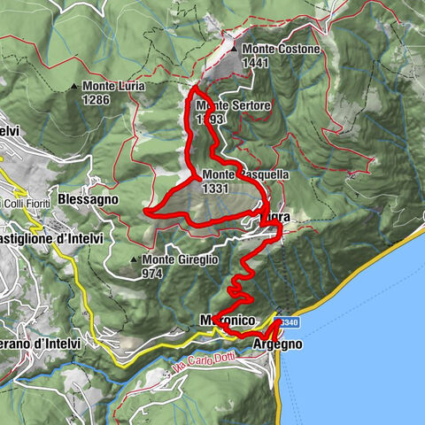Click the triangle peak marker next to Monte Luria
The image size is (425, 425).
click(74, 87)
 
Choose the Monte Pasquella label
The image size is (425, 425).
click(245, 175)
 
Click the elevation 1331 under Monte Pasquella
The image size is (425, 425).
click(217, 189)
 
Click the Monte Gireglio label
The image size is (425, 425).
click(180, 259)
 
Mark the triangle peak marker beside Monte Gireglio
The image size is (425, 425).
click(134, 259)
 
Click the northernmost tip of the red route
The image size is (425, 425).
click(194, 88)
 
